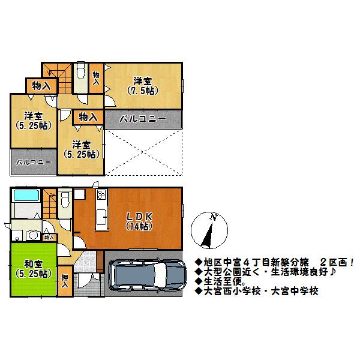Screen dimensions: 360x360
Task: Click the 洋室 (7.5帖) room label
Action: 142,86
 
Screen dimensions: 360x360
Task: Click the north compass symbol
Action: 210,231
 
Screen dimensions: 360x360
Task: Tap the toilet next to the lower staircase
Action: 65,201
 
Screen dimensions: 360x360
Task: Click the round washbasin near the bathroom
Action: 34,235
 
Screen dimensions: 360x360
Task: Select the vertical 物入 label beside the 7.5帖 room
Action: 96,77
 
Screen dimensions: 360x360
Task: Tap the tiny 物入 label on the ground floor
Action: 49,238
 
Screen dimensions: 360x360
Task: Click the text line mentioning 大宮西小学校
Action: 257,291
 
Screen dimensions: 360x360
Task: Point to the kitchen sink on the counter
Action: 102,217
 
